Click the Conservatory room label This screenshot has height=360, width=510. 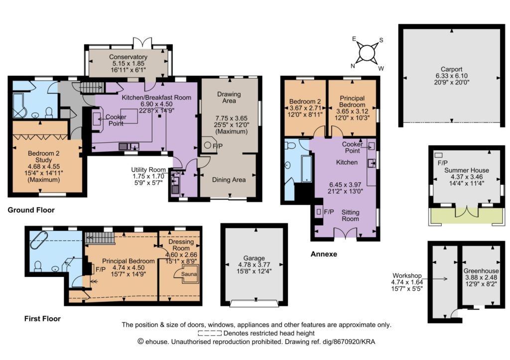(128, 57)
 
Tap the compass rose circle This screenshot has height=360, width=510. (367, 52)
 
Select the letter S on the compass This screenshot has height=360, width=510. (381, 40)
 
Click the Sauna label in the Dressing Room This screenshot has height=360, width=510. (189, 274)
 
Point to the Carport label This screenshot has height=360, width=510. (451, 69)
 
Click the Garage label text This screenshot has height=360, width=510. (254, 258)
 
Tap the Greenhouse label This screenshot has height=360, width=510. (481, 271)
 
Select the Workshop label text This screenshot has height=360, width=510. (407, 276)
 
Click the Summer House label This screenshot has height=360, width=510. (467, 170)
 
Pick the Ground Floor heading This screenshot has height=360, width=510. (31, 210)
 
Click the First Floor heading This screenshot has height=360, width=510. (42, 319)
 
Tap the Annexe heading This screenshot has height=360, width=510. (324, 254)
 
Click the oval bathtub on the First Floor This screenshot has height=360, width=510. (39, 240)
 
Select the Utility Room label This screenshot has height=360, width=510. (148, 170)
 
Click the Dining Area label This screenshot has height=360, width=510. (229, 180)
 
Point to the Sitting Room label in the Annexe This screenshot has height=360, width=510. (350, 216)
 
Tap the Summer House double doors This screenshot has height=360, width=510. (467, 212)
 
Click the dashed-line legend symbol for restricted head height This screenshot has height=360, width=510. (210, 333)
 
